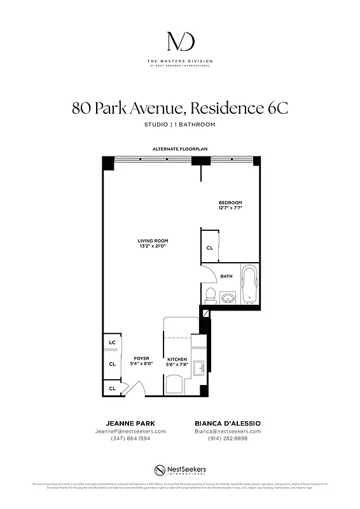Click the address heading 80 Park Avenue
[x=180, y=108]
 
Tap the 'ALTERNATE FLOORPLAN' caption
[x=180, y=149]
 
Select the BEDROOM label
[x=230, y=202]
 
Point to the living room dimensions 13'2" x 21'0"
[x=153, y=246]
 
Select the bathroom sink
[x=228, y=297]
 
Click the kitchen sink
[x=198, y=368]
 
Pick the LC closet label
[x=112, y=342]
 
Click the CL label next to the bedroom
[x=209, y=249]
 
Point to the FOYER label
[x=141, y=358]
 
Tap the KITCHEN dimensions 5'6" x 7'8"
[x=177, y=365]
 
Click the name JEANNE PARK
[x=130, y=423]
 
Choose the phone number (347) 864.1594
[x=130, y=438]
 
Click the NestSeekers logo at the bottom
[x=180, y=470]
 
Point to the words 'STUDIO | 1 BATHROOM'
[x=180, y=124]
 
